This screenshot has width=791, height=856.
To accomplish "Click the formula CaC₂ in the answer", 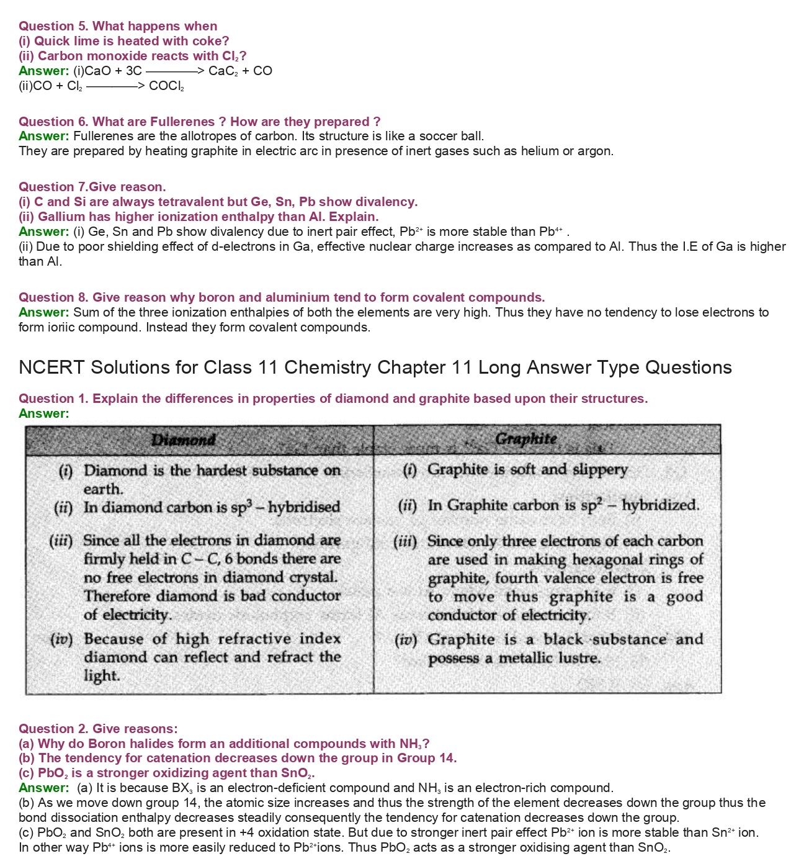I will tap(222, 71).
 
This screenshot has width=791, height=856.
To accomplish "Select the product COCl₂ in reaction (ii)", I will tap(166, 86).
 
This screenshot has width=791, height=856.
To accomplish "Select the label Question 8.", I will tap(53, 297).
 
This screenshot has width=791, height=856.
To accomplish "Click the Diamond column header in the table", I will tap(184, 440).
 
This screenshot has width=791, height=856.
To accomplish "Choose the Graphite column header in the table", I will tap(526, 439).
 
